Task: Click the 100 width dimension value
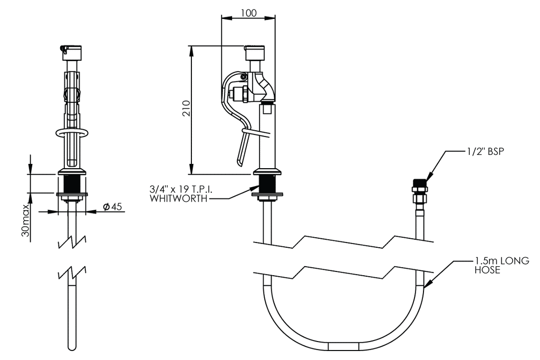pos(248,13)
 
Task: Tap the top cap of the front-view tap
pos(71,52)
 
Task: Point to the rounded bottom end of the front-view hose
pos(72,347)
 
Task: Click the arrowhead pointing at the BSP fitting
pos(429,177)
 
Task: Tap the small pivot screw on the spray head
pos(243,77)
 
